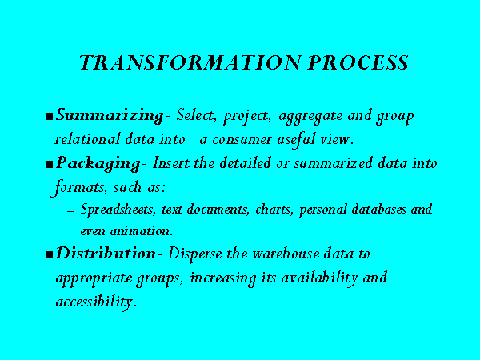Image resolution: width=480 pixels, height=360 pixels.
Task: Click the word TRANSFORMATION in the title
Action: pos(190,62)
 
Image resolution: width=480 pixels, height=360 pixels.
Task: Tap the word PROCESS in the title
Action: pos(358,62)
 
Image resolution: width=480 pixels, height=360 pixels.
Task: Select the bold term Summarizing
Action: pos(110,116)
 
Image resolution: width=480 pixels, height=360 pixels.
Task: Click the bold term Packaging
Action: pos(98,163)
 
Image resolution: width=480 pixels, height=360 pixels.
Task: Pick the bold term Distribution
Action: pos(106,254)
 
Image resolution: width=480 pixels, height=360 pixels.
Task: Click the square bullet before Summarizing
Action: pos(49,117)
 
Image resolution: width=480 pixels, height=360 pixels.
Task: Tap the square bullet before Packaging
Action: pos(49,165)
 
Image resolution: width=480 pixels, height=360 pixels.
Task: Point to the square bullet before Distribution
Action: pos(49,254)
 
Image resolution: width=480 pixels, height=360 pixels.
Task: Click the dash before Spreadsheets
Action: pos(70,211)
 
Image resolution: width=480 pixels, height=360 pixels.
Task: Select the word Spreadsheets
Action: pos(117,210)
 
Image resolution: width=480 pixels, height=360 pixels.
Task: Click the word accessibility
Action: pos(94,302)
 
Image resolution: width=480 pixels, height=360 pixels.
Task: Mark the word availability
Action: pos(319,278)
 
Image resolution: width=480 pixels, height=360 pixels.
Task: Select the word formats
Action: pos(78,187)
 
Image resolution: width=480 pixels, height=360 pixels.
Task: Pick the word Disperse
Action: pos(194,254)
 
